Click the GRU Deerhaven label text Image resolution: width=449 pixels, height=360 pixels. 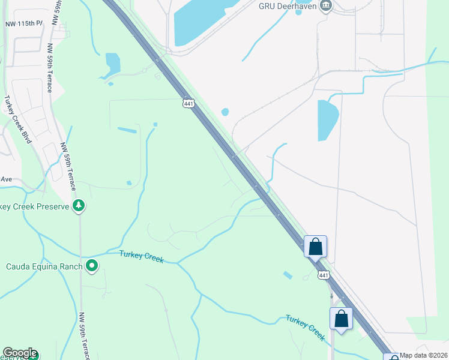pos(288,6)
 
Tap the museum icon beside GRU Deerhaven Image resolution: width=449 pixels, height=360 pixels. pos(326,7)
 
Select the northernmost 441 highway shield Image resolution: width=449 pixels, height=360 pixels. pos(188,103)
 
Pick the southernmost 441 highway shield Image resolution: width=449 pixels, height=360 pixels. pos(324,275)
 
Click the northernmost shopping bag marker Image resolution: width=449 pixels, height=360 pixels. pos(316,246)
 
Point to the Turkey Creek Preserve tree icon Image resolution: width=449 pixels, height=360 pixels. pos(78,206)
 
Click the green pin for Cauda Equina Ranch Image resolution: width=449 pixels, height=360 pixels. pos(92,265)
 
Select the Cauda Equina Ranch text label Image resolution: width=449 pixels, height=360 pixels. pos(44,266)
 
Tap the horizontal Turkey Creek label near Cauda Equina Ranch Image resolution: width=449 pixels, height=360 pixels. pos(142,256)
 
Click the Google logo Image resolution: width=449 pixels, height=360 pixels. pos(20,353)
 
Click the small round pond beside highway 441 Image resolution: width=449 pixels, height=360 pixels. pos(225,112)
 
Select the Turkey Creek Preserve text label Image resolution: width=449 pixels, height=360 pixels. pos(33,207)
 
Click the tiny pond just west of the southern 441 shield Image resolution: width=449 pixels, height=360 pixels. pos(288,275)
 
